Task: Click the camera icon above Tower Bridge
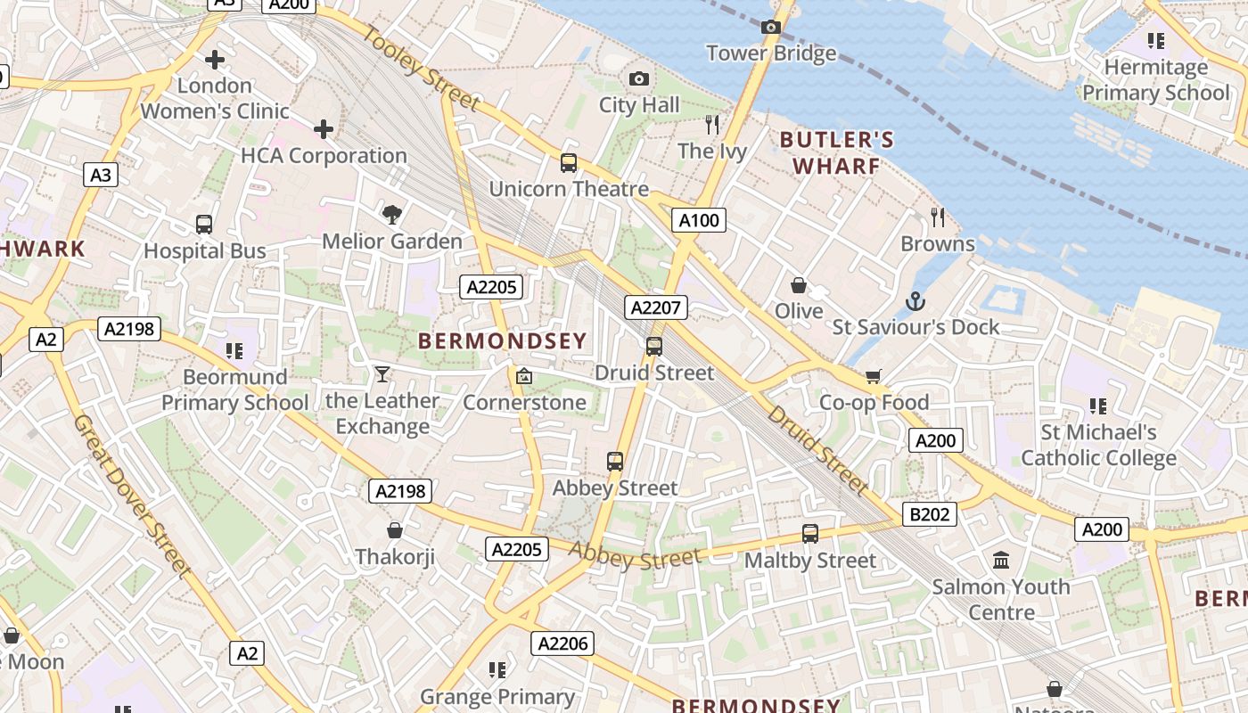click(771, 28)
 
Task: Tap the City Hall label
click(639, 105)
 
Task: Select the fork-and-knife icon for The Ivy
click(711, 124)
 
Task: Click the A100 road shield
click(698, 220)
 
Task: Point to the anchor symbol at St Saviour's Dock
click(915, 301)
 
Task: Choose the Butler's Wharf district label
click(836, 152)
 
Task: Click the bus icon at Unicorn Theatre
click(568, 163)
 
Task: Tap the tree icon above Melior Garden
click(391, 214)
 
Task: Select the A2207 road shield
click(655, 308)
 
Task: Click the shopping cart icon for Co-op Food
click(873, 376)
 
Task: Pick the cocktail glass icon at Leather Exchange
click(382, 373)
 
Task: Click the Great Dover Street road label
click(133, 496)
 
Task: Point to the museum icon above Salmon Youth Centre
click(1001, 561)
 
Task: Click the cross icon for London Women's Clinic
click(215, 60)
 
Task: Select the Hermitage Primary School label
click(1155, 79)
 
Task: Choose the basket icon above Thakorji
click(395, 530)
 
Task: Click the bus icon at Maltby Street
click(809, 534)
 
